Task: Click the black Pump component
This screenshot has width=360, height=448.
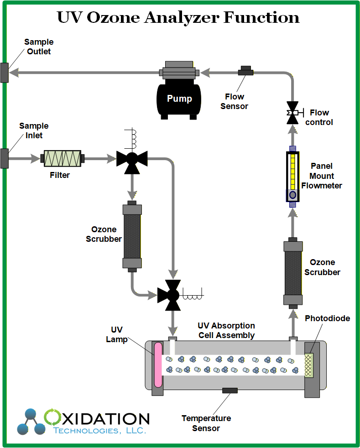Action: [x=179, y=98]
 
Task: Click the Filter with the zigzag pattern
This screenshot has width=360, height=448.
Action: [x=63, y=159]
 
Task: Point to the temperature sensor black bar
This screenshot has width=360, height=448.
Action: [x=230, y=390]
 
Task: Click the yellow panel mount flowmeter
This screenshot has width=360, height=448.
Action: [x=292, y=176]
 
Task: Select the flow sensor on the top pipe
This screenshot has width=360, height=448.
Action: [x=245, y=71]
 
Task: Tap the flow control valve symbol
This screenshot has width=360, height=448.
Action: [x=292, y=112]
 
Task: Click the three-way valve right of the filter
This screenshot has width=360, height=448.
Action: [x=132, y=159]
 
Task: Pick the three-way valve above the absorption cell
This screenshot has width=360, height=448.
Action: [x=172, y=295]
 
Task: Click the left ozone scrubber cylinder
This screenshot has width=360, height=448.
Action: [x=132, y=236]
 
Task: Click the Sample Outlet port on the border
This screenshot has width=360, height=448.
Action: [x=5, y=72]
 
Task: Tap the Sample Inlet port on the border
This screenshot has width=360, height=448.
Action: [x=5, y=158]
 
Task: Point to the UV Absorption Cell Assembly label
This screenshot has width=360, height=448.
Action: [x=226, y=330]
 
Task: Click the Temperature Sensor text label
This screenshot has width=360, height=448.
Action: [x=206, y=423]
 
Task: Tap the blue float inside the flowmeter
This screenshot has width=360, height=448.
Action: [x=292, y=195]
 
